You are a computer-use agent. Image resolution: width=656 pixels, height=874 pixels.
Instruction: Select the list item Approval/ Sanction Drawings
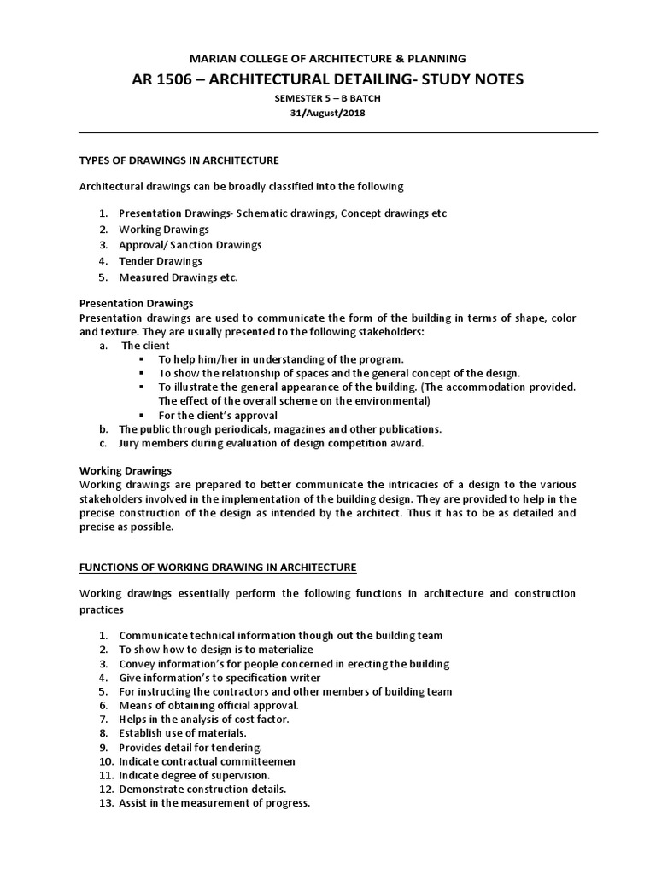pos(190,245)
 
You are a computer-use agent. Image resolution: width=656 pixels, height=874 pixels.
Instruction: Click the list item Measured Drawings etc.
pos(179,277)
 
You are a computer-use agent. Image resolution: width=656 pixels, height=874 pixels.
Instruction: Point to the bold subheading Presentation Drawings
pos(136,303)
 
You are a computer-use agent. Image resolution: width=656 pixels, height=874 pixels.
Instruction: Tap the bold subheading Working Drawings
pos(126,470)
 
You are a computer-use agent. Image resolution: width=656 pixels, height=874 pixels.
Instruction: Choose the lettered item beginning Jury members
pos(271,444)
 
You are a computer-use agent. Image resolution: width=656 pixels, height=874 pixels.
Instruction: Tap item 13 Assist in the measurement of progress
pos(214,803)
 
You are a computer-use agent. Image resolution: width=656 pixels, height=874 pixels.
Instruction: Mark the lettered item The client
pos(145,346)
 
